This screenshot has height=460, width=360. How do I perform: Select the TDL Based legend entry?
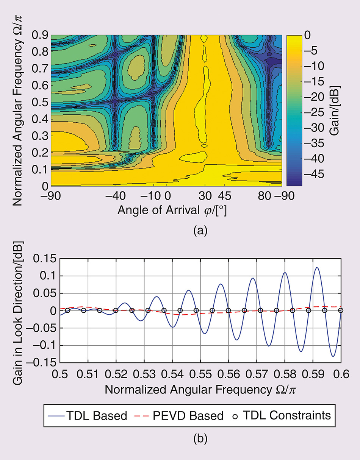[x=87, y=415]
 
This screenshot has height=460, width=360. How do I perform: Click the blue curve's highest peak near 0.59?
[x=317, y=267]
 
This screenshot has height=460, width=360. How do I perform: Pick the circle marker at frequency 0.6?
[x=341, y=310]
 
